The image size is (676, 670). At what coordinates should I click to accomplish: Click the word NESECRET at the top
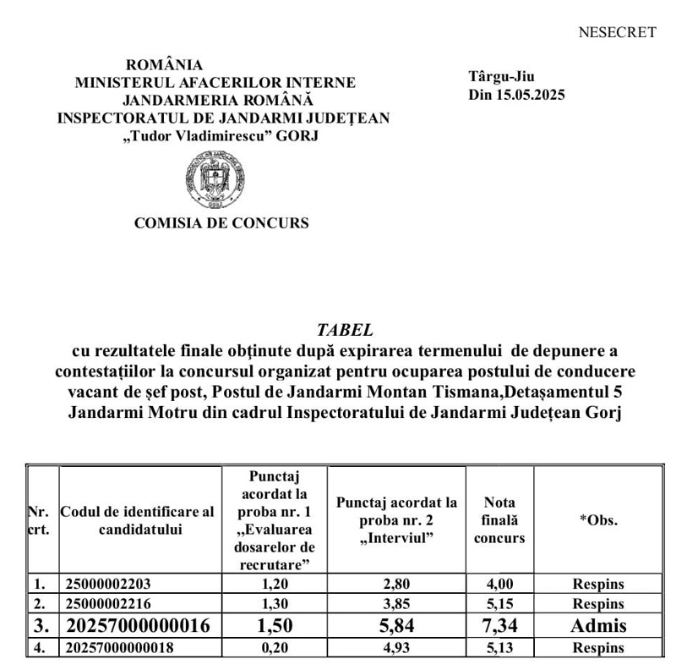pyautogui.click(x=617, y=33)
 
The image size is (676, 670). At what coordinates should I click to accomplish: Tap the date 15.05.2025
pyautogui.click(x=530, y=95)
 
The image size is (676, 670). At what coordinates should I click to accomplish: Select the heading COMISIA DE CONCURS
pyautogui.click(x=221, y=223)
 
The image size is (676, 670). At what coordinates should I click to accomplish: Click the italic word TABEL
pyautogui.click(x=344, y=329)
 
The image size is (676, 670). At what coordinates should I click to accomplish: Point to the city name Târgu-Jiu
pyautogui.click(x=502, y=77)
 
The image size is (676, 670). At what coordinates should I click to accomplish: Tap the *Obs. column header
pyautogui.click(x=597, y=520)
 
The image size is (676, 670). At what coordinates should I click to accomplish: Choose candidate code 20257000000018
pyautogui.click(x=120, y=648)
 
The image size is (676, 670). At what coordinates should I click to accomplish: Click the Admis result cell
pyautogui.click(x=598, y=626)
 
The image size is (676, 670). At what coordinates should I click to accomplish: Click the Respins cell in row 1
pyautogui.click(x=598, y=584)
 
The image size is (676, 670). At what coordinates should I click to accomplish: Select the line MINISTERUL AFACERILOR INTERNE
pyautogui.click(x=215, y=83)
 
